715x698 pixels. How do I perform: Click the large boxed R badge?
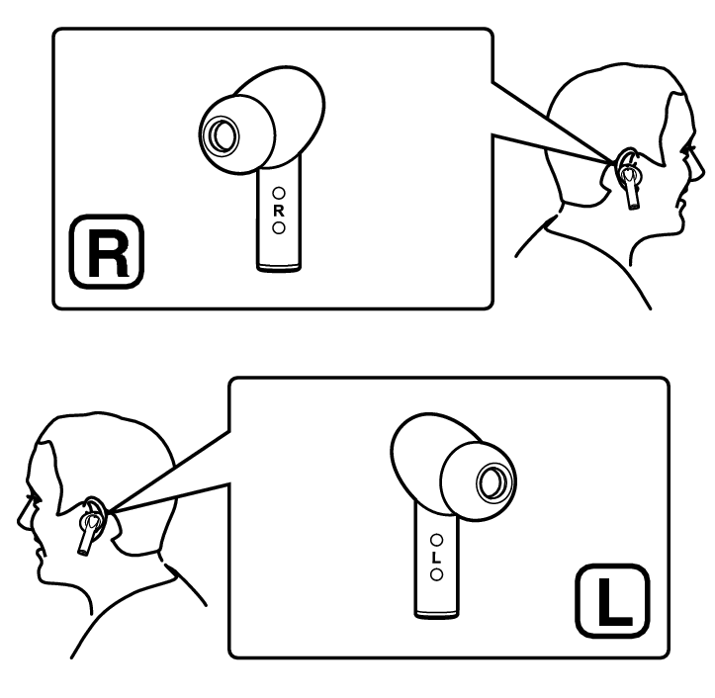pyautogui.click(x=107, y=252)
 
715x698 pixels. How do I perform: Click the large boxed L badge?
pyautogui.click(x=613, y=601)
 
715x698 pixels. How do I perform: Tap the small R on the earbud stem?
pyautogui.click(x=279, y=211)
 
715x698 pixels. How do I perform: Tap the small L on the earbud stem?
pyautogui.click(x=436, y=558)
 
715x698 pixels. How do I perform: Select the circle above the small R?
pyautogui.click(x=279, y=194)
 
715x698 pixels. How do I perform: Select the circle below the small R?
pyautogui.click(x=279, y=227)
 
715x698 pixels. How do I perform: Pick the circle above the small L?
pyautogui.click(x=436, y=540)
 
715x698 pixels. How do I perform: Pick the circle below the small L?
pyautogui.click(x=436, y=574)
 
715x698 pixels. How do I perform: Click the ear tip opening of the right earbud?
pyautogui.click(x=223, y=135)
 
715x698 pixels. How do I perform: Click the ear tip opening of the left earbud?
pyautogui.click(x=492, y=482)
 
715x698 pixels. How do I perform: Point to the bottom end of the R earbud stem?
pyautogui.click(x=279, y=270)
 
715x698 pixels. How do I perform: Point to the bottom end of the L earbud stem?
pyautogui.click(x=436, y=616)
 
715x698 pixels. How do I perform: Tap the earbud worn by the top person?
pyautogui.click(x=630, y=182)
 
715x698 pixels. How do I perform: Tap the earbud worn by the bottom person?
pyautogui.click(x=88, y=530)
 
